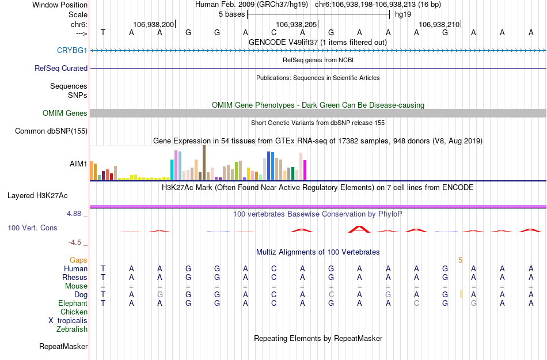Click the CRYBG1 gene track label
pos(72,50)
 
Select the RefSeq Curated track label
pos(61,68)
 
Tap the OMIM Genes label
pos(65,113)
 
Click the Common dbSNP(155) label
pos(51,131)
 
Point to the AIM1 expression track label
pos(79,164)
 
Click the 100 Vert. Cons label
pos(32,228)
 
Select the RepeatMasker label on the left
pos(63,347)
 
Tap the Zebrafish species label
pos(72,329)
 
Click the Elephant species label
pos(73,303)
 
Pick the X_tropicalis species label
pos(68,321)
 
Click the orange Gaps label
pos(79,260)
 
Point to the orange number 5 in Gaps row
pos(460,260)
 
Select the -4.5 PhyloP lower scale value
pos(77,242)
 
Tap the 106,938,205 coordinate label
pos(297,25)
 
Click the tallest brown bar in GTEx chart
pos(204,163)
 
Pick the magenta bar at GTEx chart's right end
pos(305,170)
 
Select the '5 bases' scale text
pos(231,14)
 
